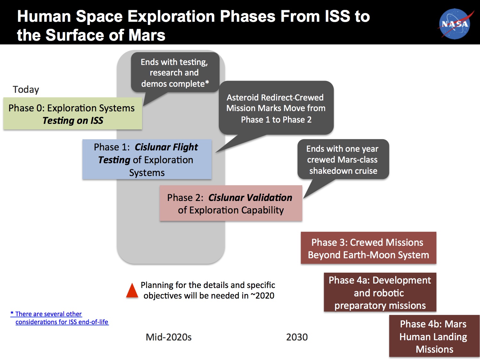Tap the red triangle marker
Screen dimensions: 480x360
132,291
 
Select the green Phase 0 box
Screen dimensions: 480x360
73,114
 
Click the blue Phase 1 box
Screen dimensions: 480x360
147,159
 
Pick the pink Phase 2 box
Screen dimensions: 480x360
231,203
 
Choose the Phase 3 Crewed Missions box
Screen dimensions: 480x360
368,248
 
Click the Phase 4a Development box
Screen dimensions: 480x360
380,292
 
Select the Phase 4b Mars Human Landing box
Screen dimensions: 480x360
434,336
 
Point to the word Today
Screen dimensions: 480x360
26,90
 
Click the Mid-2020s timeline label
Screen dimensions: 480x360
169,337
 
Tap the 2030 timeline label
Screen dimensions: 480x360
297,337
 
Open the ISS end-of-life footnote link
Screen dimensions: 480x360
60,318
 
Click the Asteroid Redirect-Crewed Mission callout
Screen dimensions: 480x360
276,108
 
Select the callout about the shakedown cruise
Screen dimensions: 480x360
343,159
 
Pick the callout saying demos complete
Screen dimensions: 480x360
175,72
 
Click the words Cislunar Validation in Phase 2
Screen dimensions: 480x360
250,197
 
